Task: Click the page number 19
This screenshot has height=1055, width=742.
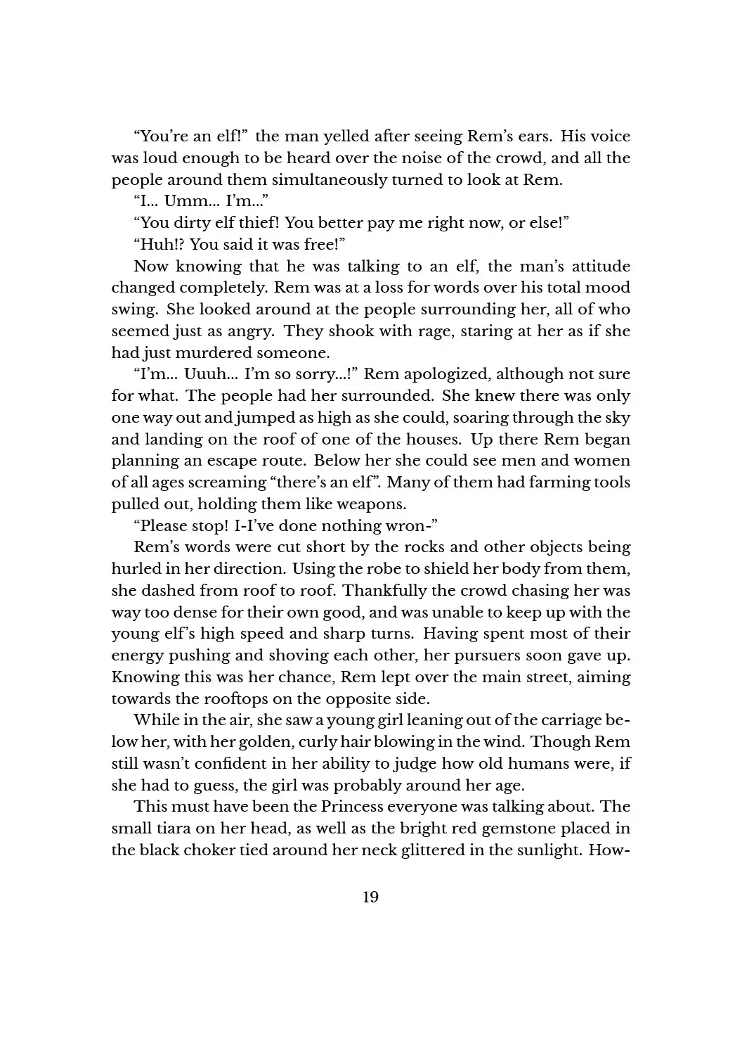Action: pyautogui.click(x=370, y=897)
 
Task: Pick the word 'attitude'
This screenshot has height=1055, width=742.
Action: pyautogui.click(x=599, y=267)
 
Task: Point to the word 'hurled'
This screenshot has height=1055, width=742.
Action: pyautogui.click(x=134, y=569)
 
